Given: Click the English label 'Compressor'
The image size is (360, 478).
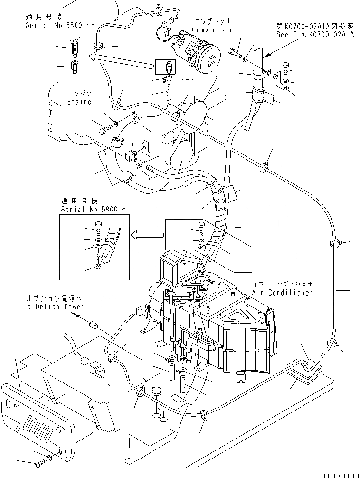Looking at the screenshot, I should pyautogui.click(x=212, y=30).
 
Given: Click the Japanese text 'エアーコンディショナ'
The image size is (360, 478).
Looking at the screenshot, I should pyautogui.click(x=282, y=284).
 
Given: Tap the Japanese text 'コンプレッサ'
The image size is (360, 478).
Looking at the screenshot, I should pyautogui.click(x=212, y=22).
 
